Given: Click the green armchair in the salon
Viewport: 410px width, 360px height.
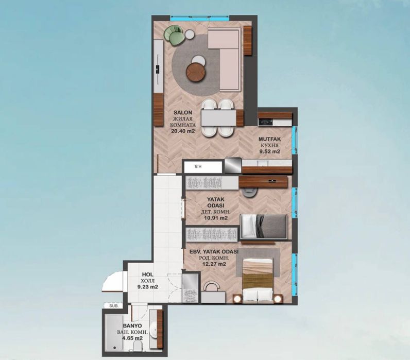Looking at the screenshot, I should click(x=175, y=36).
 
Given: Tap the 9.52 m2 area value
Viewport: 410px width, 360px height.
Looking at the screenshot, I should click(x=269, y=152).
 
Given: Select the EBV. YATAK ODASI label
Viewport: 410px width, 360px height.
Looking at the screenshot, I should click(x=213, y=251).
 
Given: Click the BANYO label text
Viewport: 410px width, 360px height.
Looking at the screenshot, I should click(x=133, y=325).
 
